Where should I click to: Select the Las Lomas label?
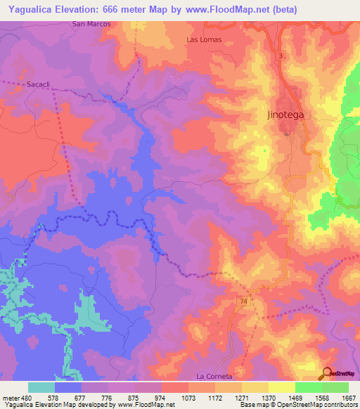tap(204, 39)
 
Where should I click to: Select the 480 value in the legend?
tap(27, 397)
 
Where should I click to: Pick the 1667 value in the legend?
tap(348, 397)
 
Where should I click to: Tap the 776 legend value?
tap(108, 397)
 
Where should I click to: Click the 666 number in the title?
tap(114, 9)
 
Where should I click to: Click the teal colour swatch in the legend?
tap(41, 387)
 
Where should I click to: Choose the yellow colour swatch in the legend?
tap(281, 387)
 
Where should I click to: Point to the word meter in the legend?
tap(10, 397)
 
